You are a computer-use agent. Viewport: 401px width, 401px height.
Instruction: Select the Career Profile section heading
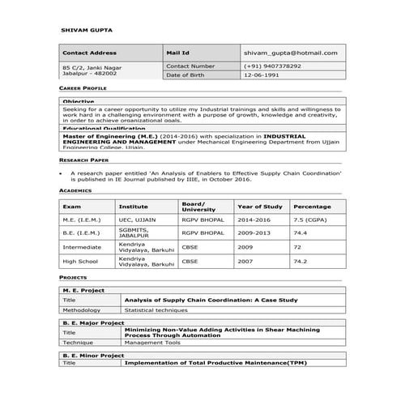(83, 87)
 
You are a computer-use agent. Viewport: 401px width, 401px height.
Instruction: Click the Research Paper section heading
(84, 161)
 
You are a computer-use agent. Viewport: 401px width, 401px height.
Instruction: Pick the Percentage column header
(312, 206)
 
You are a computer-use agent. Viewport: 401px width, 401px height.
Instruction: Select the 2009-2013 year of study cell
(256, 232)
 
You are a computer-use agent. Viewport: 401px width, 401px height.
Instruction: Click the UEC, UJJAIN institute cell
(135, 220)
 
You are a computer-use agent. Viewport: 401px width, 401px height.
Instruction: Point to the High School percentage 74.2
(301, 262)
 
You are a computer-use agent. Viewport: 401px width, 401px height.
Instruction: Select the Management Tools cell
(151, 342)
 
